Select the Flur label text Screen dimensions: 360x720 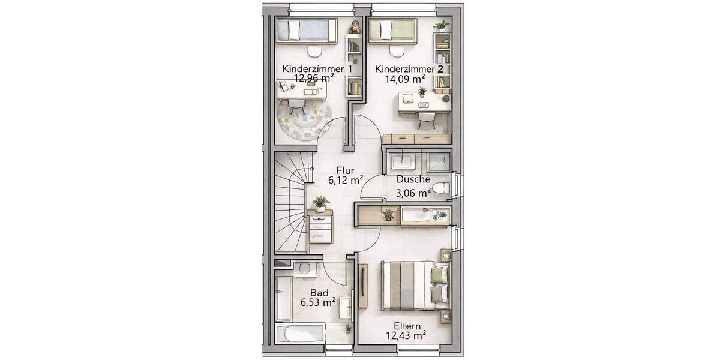344,169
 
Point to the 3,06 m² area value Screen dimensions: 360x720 413,193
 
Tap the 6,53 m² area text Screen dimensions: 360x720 318,304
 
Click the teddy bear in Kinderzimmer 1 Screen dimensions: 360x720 355,26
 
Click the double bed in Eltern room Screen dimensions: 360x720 414,286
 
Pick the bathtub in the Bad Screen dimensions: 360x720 300,334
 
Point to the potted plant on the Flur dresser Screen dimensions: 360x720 320,203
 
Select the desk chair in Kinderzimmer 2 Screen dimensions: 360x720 426,119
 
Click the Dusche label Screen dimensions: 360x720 413,179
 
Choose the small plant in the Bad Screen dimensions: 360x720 348,329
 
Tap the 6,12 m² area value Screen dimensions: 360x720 345,179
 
